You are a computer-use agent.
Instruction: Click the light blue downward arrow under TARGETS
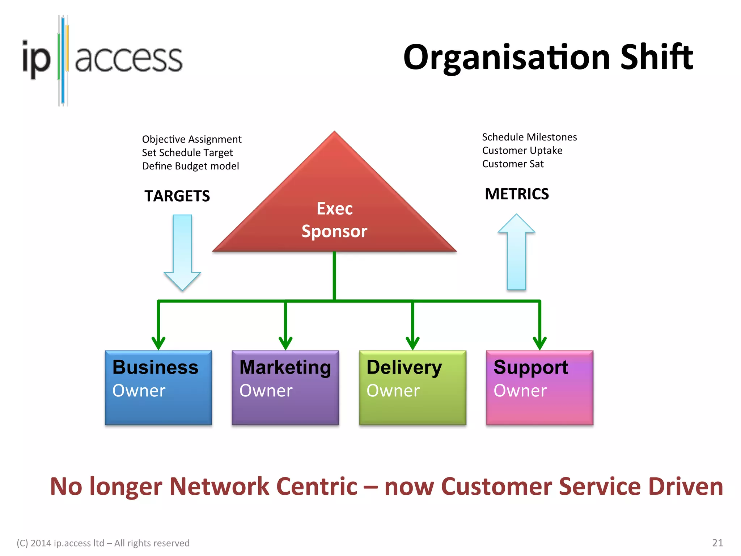pos(182,253)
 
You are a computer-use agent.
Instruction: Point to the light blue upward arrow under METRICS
pos(516,253)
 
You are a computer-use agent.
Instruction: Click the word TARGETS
pos(177,196)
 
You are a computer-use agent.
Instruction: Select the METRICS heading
pos(517,194)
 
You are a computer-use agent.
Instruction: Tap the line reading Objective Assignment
pos(192,139)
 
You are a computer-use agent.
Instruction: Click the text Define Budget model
pos(190,166)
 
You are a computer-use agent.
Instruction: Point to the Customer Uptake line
pos(522,151)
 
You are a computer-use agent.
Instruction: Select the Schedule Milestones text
pos(529,137)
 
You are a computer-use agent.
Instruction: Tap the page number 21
pos(717,543)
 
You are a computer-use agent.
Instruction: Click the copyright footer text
pos(103,543)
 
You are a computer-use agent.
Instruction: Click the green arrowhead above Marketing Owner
pos(285,342)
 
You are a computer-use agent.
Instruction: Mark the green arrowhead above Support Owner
pos(539,342)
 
